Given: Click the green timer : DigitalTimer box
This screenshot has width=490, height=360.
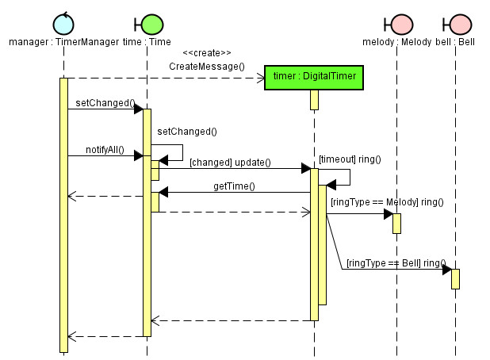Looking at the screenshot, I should pyautogui.click(x=314, y=77).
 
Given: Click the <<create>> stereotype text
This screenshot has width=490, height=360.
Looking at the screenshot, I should pyautogui.click(x=206, y=53).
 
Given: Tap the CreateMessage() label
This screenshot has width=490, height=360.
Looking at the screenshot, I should pyautogui.click(x=206, y=67).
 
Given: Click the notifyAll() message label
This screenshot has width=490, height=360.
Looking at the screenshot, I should pyautogui.click(x=105, y=149).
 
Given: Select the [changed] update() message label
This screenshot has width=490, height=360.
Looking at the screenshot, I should pyautogui.click(x=230, y=163).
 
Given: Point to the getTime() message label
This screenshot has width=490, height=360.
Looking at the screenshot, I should pyautogui.click(x=234, y=186).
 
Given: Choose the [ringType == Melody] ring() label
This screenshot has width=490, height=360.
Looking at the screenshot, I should pyautogui.click(x=386, y=202).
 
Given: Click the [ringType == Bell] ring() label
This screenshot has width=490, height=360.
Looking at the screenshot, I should pyautogui.click(x=396, y=262).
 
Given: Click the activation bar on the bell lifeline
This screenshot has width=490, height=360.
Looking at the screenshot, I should pyautogui.click(x=455, y=278).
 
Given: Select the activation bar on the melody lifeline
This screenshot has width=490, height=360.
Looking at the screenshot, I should pyautogui.click(x=396, y=223).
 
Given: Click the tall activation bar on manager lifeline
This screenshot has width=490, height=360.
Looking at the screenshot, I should pyautogui.click(x=63, y=214).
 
